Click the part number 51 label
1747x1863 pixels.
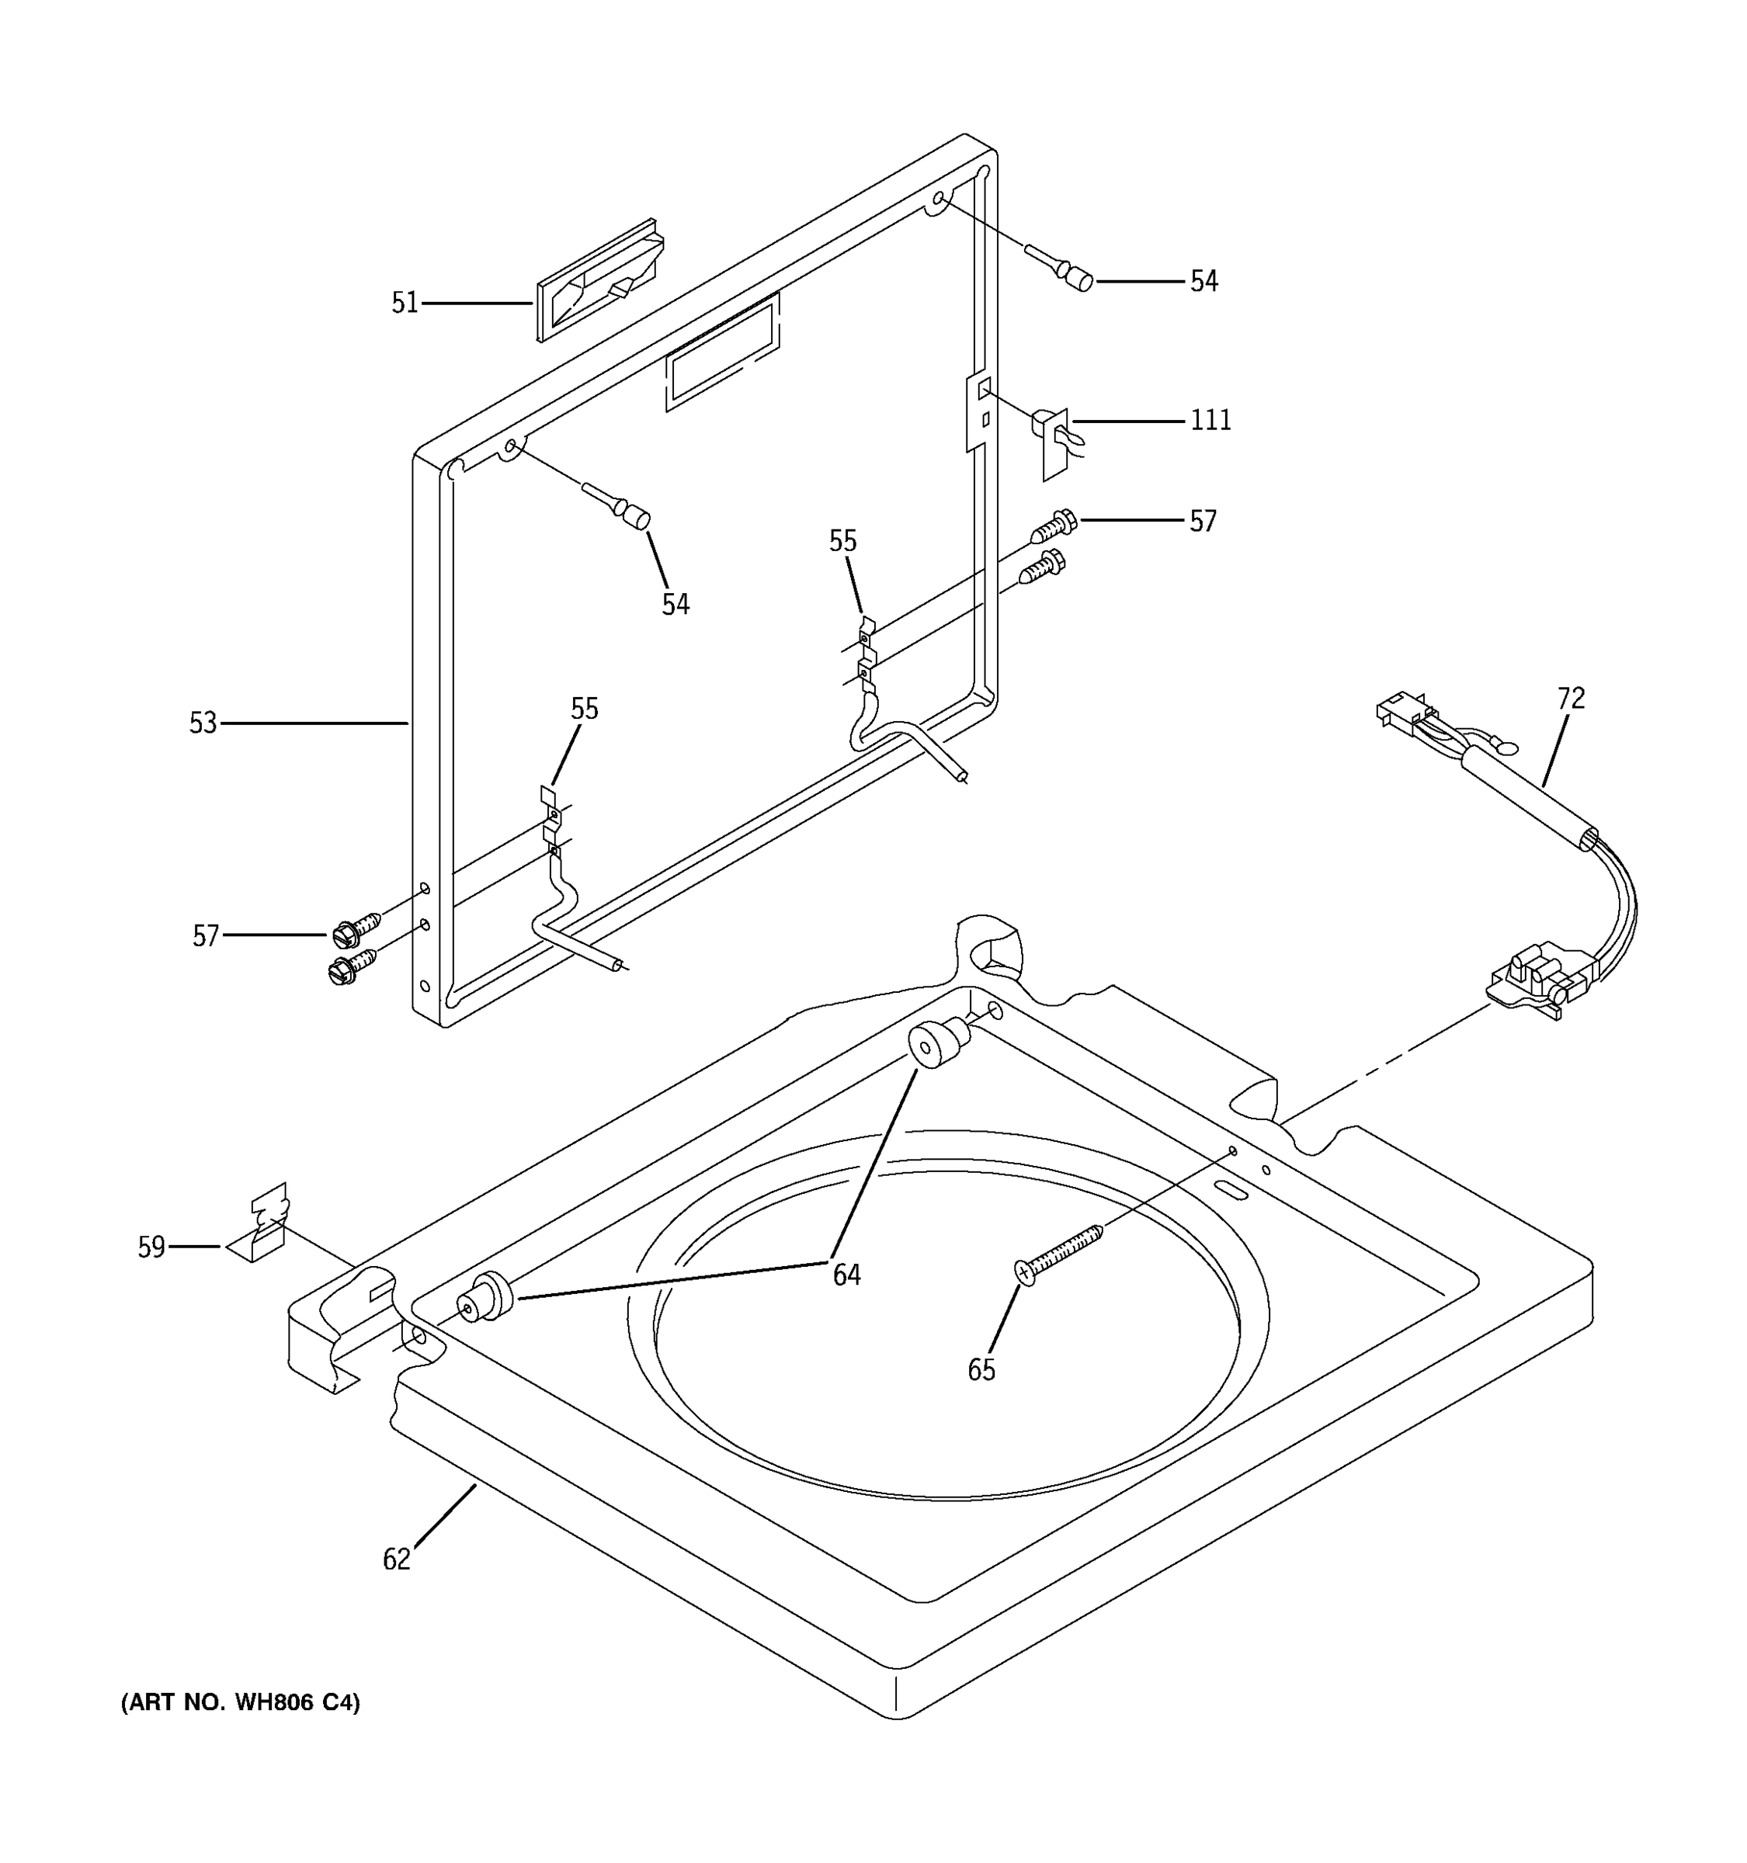point(404,303)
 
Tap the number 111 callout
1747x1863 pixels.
point(1210,421)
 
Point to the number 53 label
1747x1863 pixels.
point(203,723)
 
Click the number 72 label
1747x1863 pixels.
point(1571,698)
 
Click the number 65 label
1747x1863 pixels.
point(981,1370)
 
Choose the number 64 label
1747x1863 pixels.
point(846,1275)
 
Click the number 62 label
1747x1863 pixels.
point(397,1559)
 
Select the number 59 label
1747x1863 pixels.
point(151,1247)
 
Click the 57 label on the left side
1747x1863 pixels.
point(205,935)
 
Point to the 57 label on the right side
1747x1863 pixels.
point(1203,521)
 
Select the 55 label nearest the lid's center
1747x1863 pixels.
point(842,541)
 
